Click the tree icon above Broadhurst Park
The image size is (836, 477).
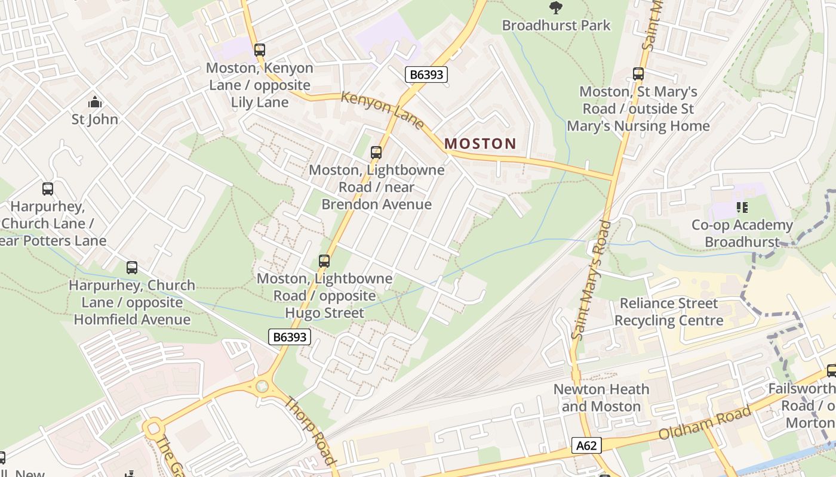[556, 7]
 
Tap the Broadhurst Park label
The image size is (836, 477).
[556, 25]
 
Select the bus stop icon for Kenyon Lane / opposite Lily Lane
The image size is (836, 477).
[259, 50]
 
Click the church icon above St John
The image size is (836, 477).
[94, 102]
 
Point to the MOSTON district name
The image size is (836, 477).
[480, 143]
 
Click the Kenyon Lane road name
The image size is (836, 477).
[382, 110]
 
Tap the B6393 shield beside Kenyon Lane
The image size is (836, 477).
[426, 75]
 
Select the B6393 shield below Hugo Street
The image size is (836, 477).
[290, 337]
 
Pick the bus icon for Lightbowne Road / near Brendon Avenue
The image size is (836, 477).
[376, 153]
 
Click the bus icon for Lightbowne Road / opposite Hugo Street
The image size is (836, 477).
[324, 261]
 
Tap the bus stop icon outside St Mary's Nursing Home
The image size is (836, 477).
[638, 74]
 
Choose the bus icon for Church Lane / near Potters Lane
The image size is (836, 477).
[47, 189]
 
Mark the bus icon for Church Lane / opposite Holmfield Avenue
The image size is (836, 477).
[131, 268]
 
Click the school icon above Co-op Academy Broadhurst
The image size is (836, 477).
[742, 207]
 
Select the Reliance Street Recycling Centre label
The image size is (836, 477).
[668, 312]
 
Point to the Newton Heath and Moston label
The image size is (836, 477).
[601, 398]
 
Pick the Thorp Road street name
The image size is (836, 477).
[309, 430]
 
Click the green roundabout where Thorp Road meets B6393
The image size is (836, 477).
[262, 386]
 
